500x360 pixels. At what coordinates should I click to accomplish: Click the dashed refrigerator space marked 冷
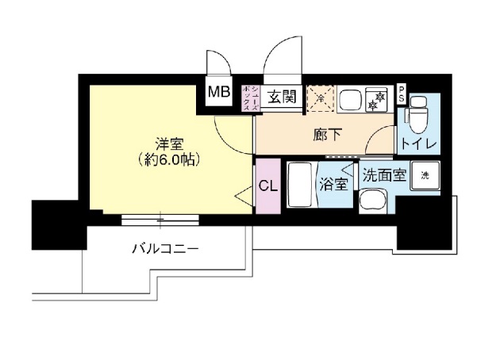coord(320,98)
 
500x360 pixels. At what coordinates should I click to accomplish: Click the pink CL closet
coord(267,187)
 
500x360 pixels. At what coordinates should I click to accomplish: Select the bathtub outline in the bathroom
coord(300,184)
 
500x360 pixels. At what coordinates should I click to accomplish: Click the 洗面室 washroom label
coord(384,175)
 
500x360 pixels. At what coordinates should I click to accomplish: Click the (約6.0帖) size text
coord(167,159)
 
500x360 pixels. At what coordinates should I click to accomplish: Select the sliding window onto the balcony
coord(162,218)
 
